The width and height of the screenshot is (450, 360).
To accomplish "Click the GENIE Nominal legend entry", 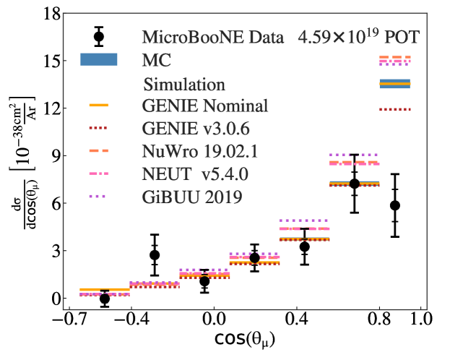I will click(205, 106).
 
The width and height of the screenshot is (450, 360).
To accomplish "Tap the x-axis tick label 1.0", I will click(421, 319).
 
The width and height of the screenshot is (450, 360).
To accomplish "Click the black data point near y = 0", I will click(105, 299).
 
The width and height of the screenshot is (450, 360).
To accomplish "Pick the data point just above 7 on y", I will click(354, 184).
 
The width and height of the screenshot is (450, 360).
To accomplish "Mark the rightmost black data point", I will click(394, 205).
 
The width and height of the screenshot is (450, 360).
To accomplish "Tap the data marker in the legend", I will click(99, 36).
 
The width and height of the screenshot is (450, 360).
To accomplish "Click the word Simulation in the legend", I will click(184, 84).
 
